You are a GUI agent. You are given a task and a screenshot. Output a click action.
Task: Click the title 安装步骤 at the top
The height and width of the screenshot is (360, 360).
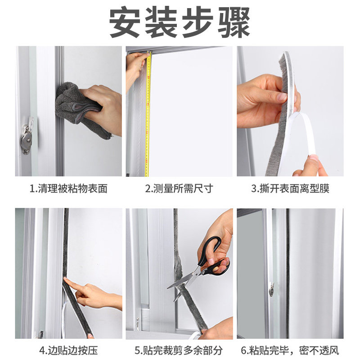pos(180,22)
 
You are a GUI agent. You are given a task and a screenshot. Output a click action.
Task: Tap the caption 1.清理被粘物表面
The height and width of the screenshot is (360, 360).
pos(68,189)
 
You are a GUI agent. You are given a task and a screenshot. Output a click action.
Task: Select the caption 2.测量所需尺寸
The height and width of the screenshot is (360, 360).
pos(179,189)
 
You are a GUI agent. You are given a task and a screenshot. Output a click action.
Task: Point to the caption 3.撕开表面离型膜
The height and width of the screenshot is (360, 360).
pos(290,189)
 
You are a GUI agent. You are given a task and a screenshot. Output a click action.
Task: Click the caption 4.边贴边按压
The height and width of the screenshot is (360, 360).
pos(68,351)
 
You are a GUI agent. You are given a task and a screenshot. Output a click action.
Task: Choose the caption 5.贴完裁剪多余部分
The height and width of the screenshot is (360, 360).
pos(179,351)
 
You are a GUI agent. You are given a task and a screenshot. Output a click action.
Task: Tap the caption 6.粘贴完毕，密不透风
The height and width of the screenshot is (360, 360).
pos(290,351)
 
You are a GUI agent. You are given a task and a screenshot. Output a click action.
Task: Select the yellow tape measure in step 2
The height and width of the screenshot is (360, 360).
pos(148,114)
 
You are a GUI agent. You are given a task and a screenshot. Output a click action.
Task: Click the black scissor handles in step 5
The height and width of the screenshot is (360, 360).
pos(212,257)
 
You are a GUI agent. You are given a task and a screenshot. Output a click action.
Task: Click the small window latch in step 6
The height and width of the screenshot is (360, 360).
pos(272,290)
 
